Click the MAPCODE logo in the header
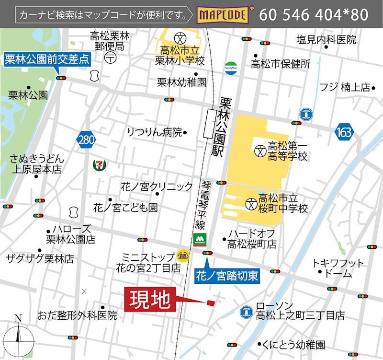pos(223,15)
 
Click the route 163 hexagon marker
pos(343,131)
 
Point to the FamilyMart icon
pos(231,67)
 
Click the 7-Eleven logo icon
pos(100,165)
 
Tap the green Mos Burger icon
pos(198,239)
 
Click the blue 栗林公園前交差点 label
pos(47,59)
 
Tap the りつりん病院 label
pos(155,132)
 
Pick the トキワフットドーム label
pos(338,268)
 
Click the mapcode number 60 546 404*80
pos(314,15)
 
